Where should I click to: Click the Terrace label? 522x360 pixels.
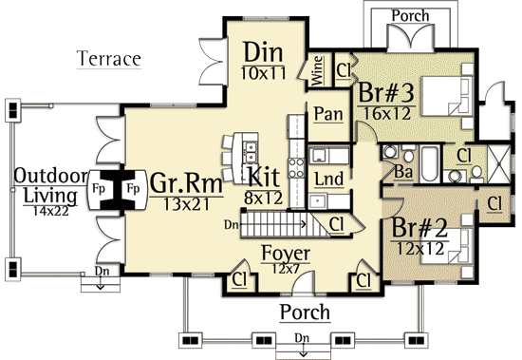click(109, 59)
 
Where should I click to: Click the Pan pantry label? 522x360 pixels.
click(328, 113)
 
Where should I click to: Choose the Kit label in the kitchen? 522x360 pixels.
click(263, 176)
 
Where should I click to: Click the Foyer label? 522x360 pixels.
click(284, 254)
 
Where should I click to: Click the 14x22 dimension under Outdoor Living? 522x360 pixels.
click(51, 211)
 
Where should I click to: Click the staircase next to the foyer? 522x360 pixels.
click(276, 225)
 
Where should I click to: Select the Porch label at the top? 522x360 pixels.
click(410, 16)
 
